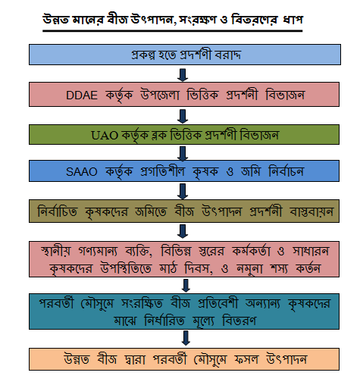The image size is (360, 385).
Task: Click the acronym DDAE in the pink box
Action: (82, 95)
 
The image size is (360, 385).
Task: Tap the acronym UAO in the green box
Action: (105, 136)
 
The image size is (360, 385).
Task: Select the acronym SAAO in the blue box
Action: (82, 172)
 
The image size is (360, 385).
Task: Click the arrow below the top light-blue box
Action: (183, 75)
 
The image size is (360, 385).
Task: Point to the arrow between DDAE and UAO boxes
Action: (183, 116)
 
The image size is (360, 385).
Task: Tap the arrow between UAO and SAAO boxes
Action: (183, 153)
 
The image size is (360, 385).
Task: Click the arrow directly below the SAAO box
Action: (183, 191)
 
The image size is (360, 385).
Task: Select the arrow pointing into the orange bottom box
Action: (186, 338)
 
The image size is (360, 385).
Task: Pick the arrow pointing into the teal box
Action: (186, 286)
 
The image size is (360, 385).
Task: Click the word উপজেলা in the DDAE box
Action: (160, 95)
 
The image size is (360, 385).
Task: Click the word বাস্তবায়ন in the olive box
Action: (311, 211)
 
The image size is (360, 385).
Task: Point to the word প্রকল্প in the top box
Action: (143, 55)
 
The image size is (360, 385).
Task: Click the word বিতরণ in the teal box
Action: (239, 321)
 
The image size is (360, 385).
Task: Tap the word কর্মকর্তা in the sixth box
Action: (251, 251)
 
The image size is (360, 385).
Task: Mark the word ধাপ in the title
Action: (293, 19)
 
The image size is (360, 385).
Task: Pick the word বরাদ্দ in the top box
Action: (227, 55)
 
